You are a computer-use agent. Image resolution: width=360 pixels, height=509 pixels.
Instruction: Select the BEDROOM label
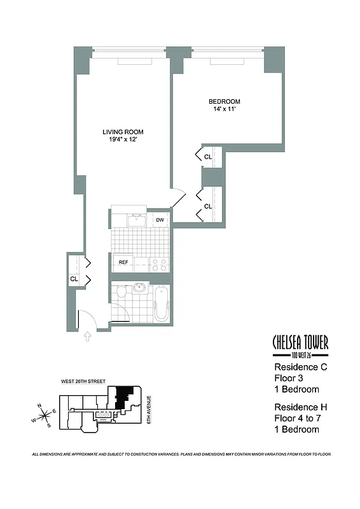225,102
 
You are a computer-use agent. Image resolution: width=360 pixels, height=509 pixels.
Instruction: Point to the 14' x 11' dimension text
225,110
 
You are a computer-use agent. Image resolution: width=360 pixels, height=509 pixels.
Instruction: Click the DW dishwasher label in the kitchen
160,220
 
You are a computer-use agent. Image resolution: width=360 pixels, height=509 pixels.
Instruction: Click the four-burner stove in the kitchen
159,265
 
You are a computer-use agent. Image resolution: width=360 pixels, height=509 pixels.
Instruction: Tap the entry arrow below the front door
87,338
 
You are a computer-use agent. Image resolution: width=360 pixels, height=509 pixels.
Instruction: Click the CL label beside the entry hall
74,279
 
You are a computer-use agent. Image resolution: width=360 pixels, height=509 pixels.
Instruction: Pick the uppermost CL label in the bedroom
207,157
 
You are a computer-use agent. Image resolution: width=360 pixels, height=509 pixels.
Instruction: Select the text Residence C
300,367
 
